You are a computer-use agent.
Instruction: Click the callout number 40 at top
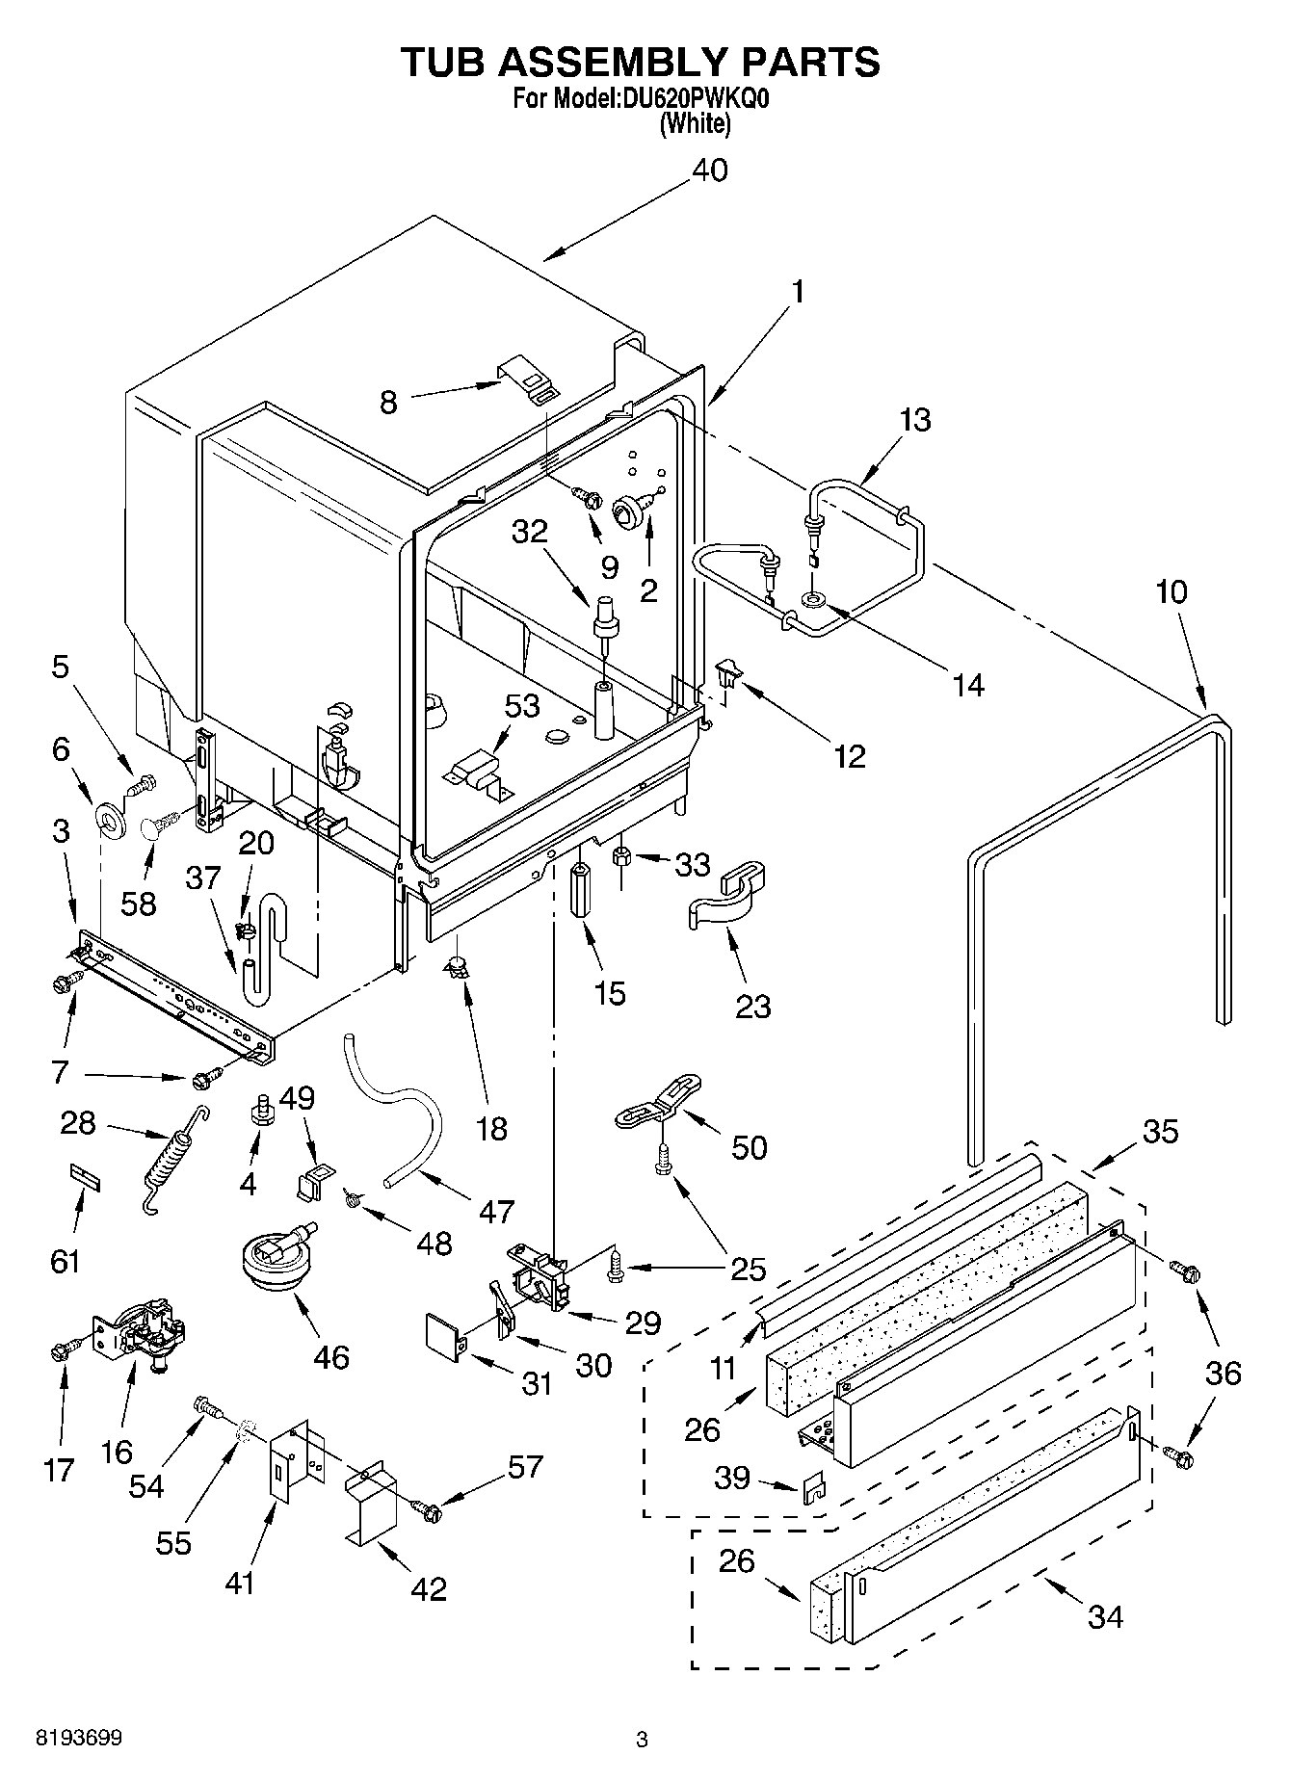709,170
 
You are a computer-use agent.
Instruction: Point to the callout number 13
914,420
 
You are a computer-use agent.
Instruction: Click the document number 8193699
78,1739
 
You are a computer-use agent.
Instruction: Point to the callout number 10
1171,591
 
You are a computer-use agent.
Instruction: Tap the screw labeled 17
61,1351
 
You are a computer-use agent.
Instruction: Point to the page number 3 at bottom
642,1740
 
